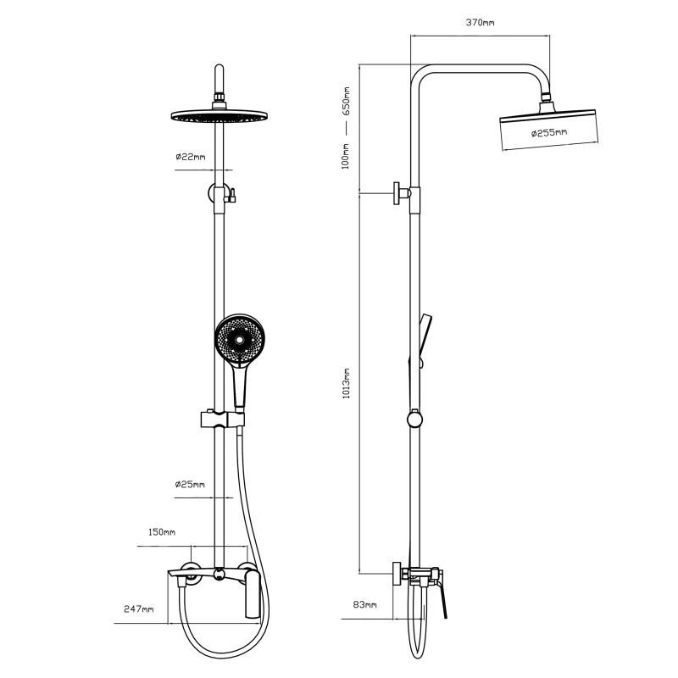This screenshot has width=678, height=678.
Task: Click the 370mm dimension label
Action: [x=480, y=22]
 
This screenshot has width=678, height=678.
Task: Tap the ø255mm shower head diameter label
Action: [x=549, y=132]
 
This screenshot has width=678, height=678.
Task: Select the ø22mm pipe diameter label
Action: [x=191, y=157]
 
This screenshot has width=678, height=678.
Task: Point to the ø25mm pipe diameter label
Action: [x=190, y=484]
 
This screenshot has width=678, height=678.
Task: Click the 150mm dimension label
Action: [x=162, y=532]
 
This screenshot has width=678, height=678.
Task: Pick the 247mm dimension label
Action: [x=139, y=609]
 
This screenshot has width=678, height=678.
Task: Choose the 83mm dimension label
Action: [x=365, y=604]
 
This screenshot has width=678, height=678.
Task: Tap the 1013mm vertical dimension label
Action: [x=347, y=384]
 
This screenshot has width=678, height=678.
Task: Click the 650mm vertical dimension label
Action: [x=347, y=101]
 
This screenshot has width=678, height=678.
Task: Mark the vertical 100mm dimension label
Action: [x=346, y=157]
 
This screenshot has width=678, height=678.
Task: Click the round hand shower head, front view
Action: [x=240, y=341]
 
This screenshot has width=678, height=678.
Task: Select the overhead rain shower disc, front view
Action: [x=220, y=116]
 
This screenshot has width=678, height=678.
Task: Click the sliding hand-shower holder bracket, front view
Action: [x=223, y=419]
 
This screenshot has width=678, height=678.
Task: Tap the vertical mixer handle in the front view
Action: [x=253, y=594]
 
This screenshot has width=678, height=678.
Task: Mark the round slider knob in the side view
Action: [x=414, y=419]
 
